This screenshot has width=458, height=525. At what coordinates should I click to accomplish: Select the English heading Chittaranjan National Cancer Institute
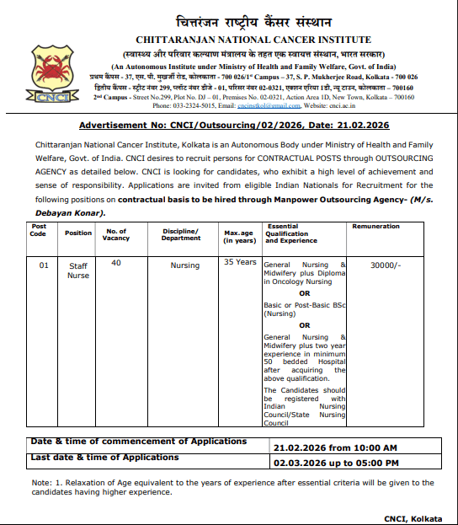coord(253,40)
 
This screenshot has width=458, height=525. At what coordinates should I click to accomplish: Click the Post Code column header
coord(39,230)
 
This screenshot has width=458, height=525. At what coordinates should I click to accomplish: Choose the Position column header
coord(78,233)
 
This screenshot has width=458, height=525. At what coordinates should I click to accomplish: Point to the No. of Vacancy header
coord(118,233)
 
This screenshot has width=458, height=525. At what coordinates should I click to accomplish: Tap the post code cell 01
coord(44,265)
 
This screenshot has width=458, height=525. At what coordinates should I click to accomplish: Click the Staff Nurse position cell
coord(78,271)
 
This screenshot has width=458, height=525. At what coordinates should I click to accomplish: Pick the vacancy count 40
coord(116,263)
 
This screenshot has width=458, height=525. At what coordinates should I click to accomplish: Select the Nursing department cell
coord(185,265)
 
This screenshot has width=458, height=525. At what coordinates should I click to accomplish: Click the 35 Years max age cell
coord(240,262)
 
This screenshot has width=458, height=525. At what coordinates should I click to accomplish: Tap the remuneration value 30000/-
coord(386,265)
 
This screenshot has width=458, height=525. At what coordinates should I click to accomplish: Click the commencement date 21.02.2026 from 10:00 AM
coord(334,447)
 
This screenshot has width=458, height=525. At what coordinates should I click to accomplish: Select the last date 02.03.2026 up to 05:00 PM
coord(336,463)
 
